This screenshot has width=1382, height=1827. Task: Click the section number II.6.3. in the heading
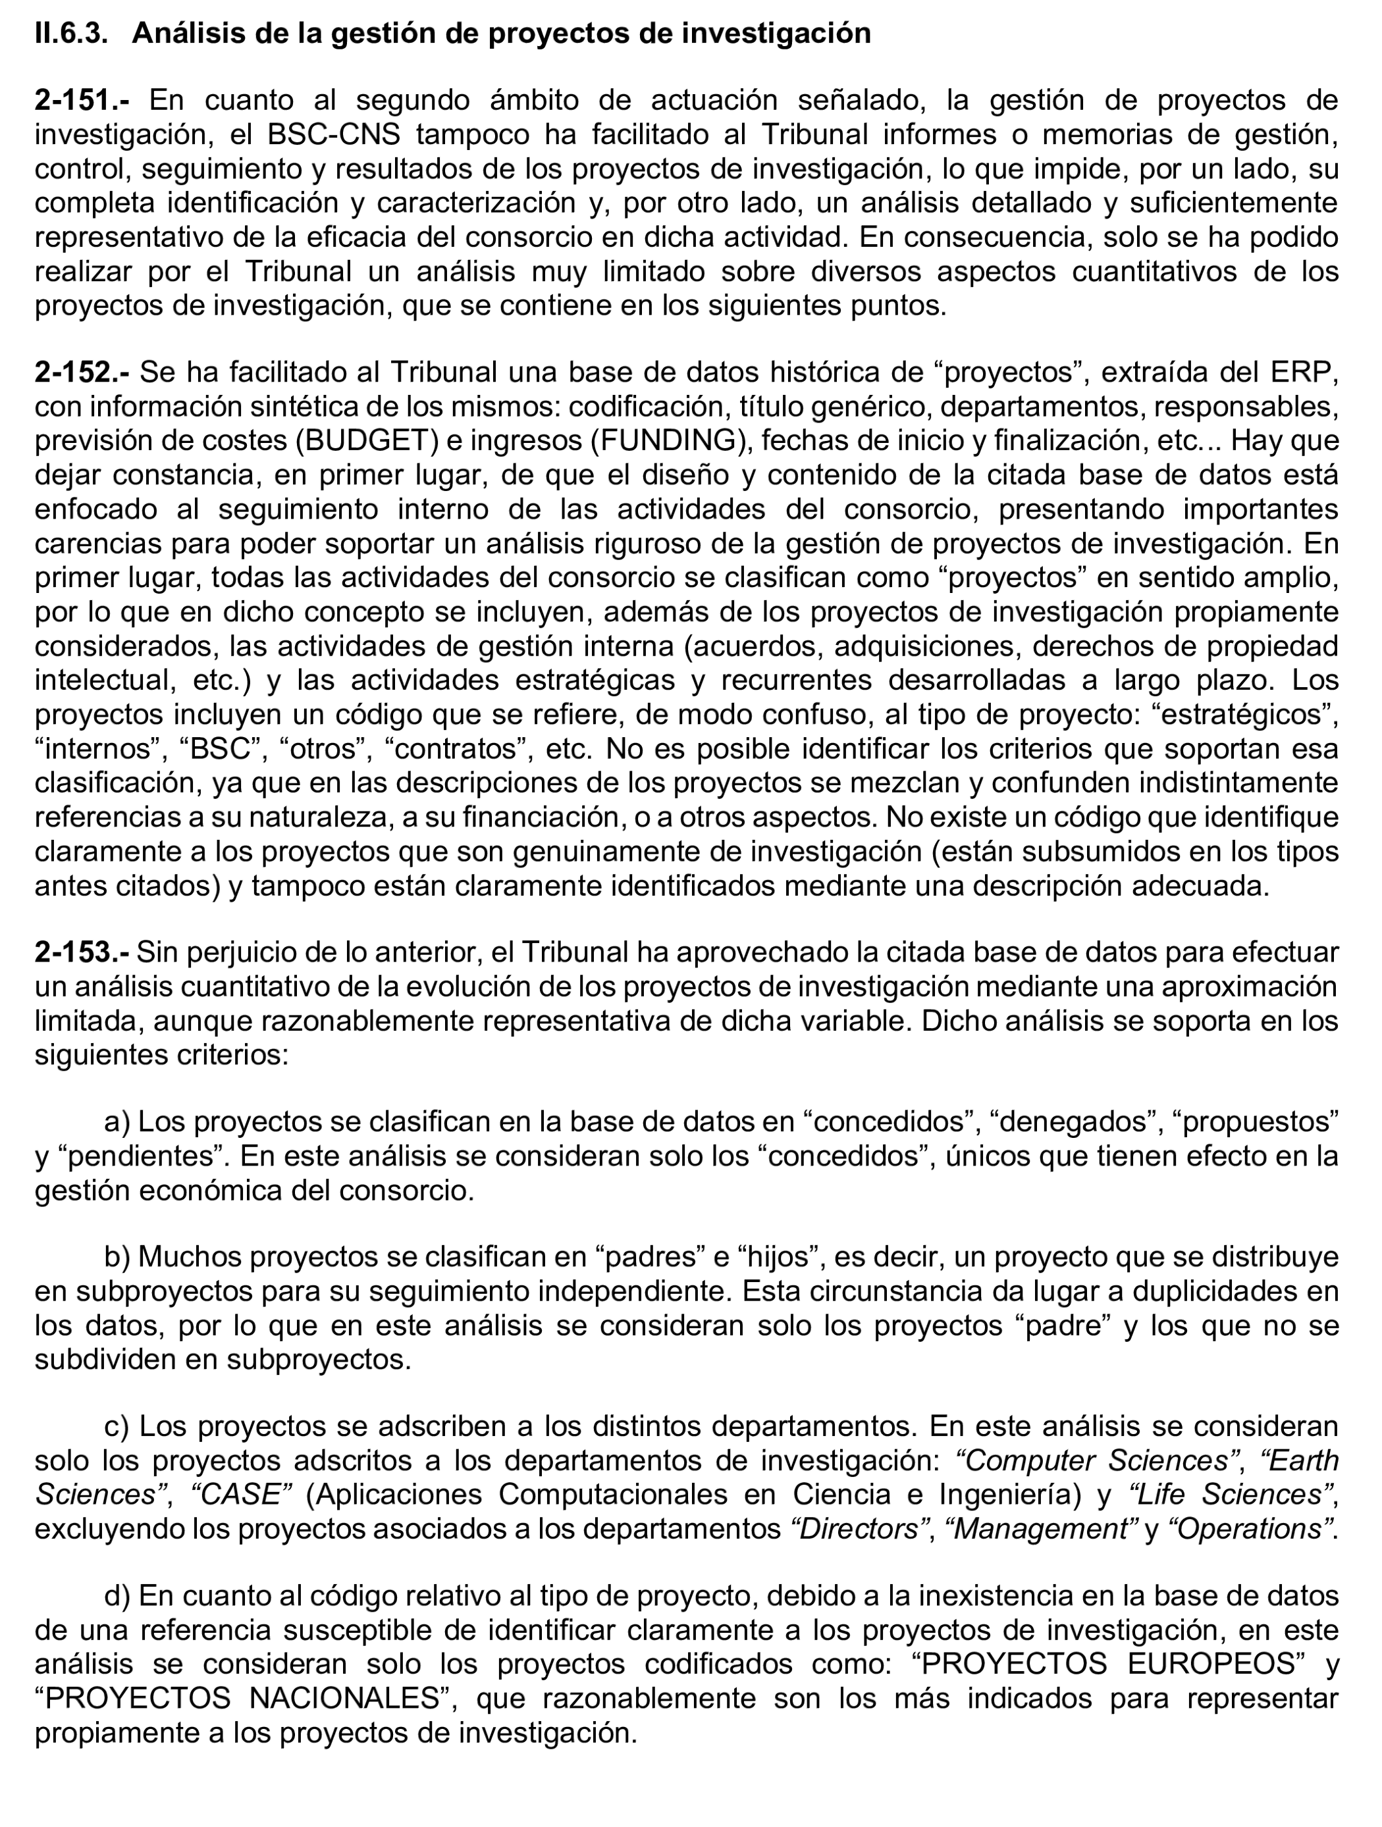(71, 33)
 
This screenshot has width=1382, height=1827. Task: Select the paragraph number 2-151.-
(82, 101)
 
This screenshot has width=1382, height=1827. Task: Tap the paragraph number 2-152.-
(82, 373)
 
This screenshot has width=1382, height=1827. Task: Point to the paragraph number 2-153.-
(82, 952)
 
